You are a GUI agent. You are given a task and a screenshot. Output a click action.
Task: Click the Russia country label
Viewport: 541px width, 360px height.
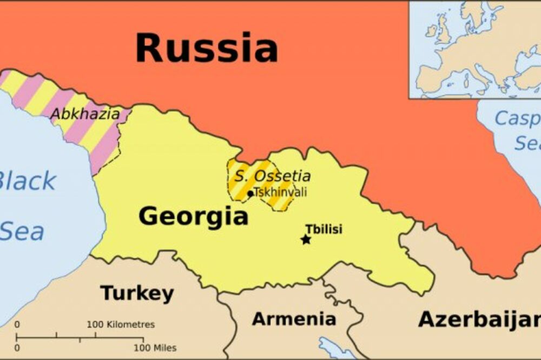[206, 48]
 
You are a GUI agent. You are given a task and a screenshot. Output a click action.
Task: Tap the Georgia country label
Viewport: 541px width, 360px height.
[193, 217]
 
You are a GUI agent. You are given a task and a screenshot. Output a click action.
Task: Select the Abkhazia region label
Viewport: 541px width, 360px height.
[84, 114]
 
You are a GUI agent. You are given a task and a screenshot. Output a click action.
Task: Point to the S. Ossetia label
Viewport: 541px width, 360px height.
[272, 176]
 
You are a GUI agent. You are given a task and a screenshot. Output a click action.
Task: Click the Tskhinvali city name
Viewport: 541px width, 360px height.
[280, 192]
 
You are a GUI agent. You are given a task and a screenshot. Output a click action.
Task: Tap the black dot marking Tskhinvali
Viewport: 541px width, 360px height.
[250, 193]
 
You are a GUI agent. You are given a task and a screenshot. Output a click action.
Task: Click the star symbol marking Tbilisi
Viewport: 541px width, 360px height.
[306, 239]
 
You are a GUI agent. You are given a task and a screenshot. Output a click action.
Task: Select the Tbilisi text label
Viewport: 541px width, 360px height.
[324, 229]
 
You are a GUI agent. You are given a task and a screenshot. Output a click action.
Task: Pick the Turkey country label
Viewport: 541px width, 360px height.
[137, 294]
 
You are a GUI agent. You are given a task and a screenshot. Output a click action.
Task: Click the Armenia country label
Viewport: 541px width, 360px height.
[294, 318]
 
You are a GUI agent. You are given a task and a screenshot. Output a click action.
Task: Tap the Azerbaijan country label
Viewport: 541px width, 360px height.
[479, 319]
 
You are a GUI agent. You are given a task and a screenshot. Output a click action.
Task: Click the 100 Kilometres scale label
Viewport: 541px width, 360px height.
[121, 325]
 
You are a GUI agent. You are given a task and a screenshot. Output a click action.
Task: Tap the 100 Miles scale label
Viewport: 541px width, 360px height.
[155, 348]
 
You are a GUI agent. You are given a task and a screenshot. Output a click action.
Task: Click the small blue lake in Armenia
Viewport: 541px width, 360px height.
[335, 348]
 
